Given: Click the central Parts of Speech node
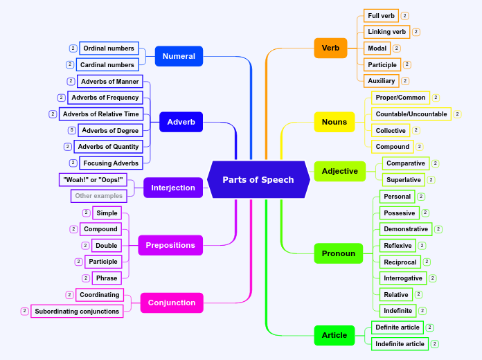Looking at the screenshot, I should [x=258, y=179].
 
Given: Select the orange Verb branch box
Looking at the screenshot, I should [x=330, y=48].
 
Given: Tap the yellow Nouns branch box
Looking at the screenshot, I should [x=334, y=123].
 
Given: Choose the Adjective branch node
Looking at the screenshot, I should [x=339, y=171].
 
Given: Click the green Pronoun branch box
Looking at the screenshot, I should [x=338, y=253].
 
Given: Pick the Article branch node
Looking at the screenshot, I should [x=334, y=335].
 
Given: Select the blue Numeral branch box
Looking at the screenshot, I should [x=179, y=56].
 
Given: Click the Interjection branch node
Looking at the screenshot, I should [x=173, y=188].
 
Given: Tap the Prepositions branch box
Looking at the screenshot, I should [x=170, y=245].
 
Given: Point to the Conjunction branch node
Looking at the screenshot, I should [x=172, y=303].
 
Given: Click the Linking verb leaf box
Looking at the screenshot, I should [x=387, y=32].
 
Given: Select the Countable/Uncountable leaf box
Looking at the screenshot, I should [x=411, y=114].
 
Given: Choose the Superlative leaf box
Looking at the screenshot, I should [x=403, y=180].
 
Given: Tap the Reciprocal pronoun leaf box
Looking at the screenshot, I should [x=400, y=262].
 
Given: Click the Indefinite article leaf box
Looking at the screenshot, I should [x=400, y=344].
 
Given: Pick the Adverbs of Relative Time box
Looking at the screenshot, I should [x=101, y=114].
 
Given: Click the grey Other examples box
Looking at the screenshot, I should [x=98, y=196].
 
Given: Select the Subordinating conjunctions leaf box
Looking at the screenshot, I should [x=77, y=312].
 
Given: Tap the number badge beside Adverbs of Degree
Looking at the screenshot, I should [x=72, y=130].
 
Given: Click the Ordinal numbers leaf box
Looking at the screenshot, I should [x=108, y=48].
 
